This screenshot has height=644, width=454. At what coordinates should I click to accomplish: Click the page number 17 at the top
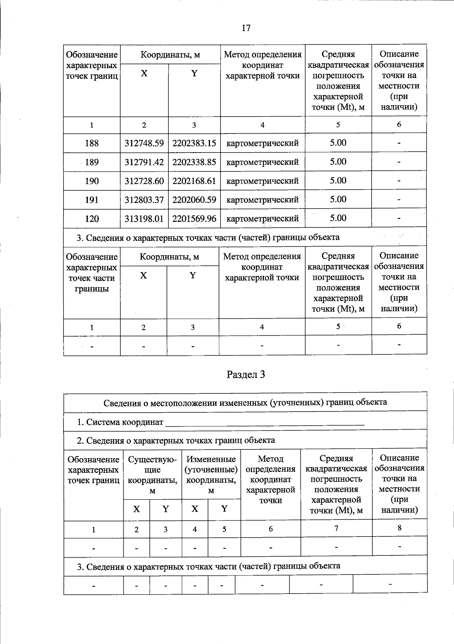pyautogui.click(x=246, y=28)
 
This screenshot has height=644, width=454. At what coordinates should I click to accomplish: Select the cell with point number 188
pyautogui.click(x=92, y=143)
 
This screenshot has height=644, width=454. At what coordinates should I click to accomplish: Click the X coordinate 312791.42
pyautogui.click(x=144, y=162)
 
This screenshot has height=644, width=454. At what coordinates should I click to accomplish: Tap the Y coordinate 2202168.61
pyautogui.click(x=194, y=181)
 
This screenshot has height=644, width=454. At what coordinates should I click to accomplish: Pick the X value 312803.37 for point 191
pyautogui.click(x=144, y=200)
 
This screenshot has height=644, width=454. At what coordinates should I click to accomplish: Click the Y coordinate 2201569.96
pyautogui.click(x=194, y=218)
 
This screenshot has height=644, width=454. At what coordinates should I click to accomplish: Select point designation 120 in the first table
pyautogui.click(x=92, y=218)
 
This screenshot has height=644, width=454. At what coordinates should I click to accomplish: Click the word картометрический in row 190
pyautogui.click(x=262, y=181)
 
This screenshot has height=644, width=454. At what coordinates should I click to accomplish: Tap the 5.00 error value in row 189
pyautogui.click(x=338, y=162)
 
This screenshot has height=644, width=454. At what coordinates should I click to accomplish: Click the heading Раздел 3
pyautogui.click(x=246, y=374)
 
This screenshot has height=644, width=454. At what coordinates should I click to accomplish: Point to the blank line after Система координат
pyautogui.click(x=265, y=423)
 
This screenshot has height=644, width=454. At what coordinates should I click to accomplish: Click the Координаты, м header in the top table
pyautogui.click(x=170, y=55)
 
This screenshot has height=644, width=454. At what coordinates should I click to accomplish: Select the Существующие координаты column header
pyautogui.click(x=152, y=475)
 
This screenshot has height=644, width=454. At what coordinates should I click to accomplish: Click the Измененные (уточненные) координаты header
pyautogui.click(x=211, y=475)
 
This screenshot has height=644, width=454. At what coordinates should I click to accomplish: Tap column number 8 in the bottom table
pyautogui.click(x=400, y=528)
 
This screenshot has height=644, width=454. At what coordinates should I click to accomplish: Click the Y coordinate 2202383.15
pyautogui.click(x=194, y=143)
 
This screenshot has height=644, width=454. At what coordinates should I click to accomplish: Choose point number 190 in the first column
pyautogui.click(x=92, y=181)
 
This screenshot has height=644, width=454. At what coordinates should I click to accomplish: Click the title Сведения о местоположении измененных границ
pyautogui.click(x=245, y=402)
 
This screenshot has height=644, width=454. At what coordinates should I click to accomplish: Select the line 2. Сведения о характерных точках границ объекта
pyautogui.click(x=176, y=440)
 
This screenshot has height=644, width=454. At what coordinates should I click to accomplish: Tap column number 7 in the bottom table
pyautogui.click(x=336, y=528)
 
